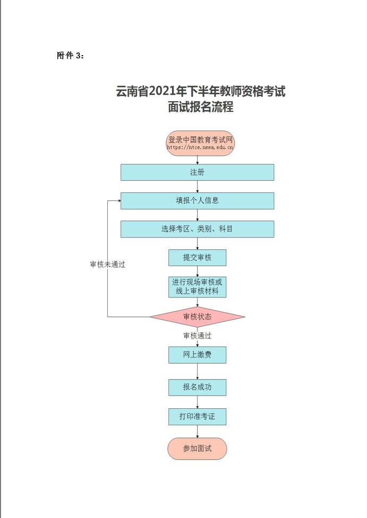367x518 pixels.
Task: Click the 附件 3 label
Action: (70, 56)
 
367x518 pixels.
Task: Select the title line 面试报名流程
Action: (200, 107)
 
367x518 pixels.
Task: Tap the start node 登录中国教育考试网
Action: (200, 139)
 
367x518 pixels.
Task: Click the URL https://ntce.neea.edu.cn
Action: (200, 148)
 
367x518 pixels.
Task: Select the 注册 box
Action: (197, 172)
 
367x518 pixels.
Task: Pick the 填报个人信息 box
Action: (197, 201)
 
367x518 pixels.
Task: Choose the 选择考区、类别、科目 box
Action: (197, 229)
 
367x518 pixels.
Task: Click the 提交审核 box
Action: (197, 258)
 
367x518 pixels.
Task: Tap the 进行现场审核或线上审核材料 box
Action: (197, 287)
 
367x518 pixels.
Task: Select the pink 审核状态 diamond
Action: (197, 317)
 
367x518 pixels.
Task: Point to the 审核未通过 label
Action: (108, 264)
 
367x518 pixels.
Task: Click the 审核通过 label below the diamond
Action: (197, 336)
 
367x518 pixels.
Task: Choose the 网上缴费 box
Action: (197, 355)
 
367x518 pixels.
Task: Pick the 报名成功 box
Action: (197, 387)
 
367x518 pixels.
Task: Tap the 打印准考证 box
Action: (197, 417)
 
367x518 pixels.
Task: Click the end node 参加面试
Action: (197, 449)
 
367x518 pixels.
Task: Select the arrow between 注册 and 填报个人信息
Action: (198, 187)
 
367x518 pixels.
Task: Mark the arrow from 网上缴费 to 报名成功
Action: (198, 371)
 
